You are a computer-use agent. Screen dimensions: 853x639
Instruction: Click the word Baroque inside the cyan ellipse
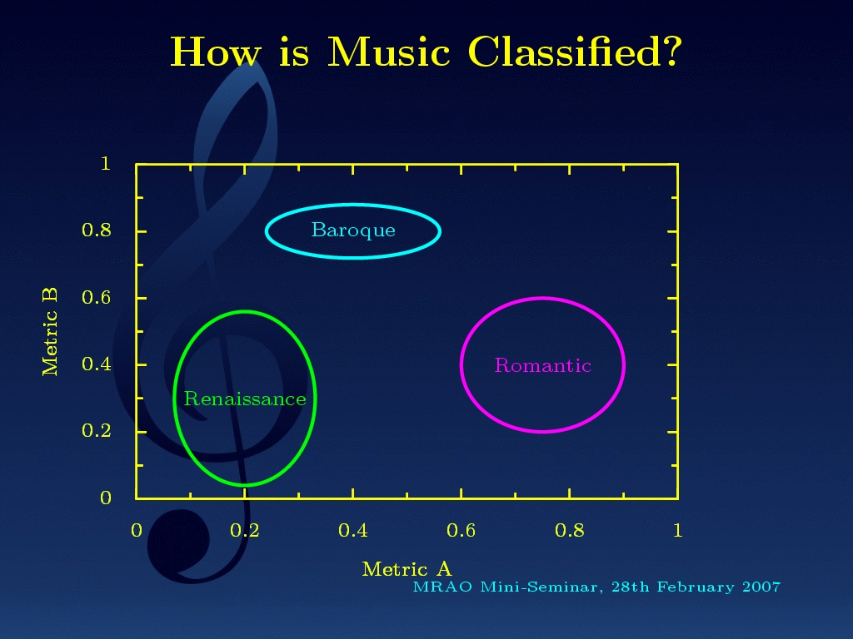coord(353,230)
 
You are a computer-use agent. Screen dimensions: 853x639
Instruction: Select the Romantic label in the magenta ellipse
coord(542,365)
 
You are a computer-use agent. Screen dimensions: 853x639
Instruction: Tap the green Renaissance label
coord(245,399)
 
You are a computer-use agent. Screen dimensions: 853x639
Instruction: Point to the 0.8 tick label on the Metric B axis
coord(97,230)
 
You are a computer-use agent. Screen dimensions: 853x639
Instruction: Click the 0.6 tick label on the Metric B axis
coord(97,297)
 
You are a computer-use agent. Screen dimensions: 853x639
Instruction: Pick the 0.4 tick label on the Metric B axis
coord(97,364)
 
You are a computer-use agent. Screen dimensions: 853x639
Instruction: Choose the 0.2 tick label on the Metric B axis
coord(97,431)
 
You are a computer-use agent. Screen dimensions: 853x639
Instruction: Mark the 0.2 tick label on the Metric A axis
coord(244,530)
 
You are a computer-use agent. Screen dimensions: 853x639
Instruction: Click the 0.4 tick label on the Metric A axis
coord(352,530)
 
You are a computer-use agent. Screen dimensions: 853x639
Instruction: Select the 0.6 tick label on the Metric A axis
coord(461,530)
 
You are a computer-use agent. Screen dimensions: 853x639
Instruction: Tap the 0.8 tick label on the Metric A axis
coord(570,530)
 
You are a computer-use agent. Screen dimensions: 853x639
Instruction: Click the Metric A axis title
coord(407,569)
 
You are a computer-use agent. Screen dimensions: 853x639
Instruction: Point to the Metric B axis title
coord(49,332)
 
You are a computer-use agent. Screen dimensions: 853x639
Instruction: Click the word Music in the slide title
coord(388,52)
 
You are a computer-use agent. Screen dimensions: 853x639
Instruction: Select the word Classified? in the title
coord(575,52)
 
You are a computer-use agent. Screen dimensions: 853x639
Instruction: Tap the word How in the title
coord(216,52)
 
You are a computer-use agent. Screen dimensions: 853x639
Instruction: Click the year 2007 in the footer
coord(761,587)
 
